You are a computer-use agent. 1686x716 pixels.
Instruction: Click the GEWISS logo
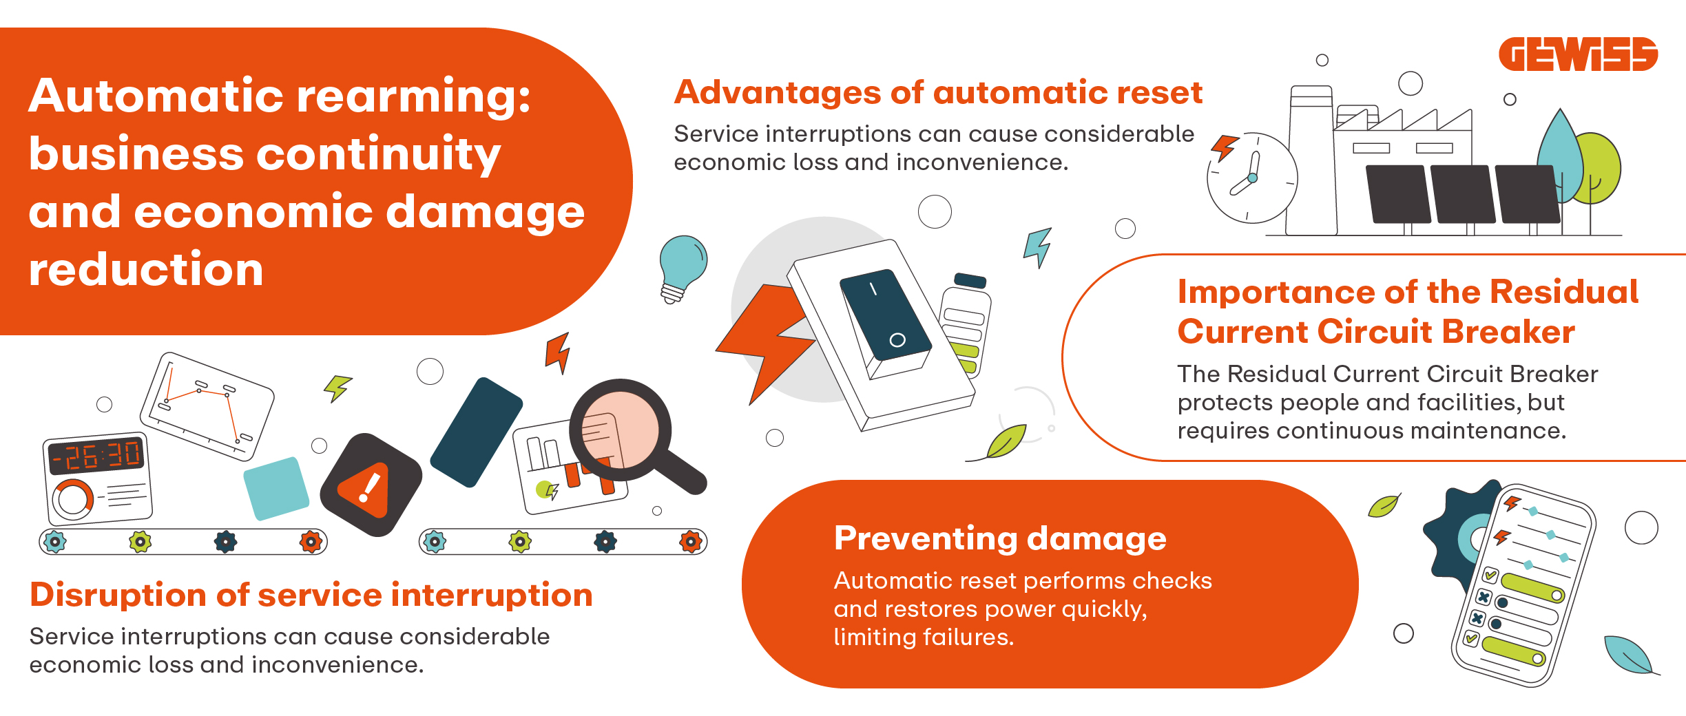pyautogui.click(x=1578, y=54)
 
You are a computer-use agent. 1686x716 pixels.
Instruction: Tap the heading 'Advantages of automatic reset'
pyautogui.click(x=938, y=92)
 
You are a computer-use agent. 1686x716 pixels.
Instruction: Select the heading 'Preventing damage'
pyautogui.click(x=1000, y=538)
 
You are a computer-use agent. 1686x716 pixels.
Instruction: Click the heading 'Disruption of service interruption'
pyautogui.click(x=311, y=594)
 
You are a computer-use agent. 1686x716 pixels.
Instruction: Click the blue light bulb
pyautogui.click(x=681, y=268)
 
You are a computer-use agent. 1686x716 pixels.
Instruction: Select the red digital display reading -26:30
pyautogui.click(x=96, y=455)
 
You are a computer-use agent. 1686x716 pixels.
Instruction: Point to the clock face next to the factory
pyautogui.click(x=1252, y=178)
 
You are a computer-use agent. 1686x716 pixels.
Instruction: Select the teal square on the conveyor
pyautogui.click(x=276, y=488)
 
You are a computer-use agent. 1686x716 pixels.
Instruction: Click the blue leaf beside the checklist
pyautogui.click(x=1630, y=655)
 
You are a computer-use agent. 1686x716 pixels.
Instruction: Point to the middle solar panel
pyautogui.click(x=1462, y=194)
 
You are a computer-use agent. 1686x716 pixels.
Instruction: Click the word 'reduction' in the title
pyautogui.click(x=146, y=269)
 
